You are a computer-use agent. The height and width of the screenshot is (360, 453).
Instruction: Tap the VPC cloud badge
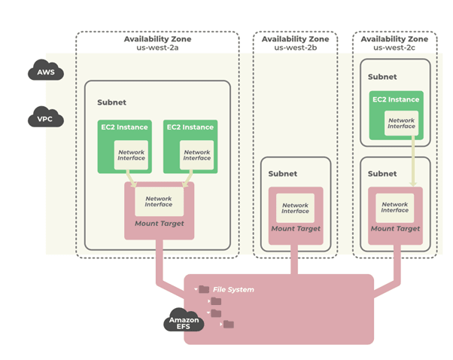(45, 119)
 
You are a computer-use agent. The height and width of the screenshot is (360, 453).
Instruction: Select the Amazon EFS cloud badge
(184, 322)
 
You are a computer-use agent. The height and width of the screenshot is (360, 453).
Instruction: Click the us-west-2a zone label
(157, 47)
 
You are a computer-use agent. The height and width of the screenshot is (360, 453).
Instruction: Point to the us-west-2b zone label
(294, 47)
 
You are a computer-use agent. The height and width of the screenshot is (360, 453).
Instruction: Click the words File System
(233, 289)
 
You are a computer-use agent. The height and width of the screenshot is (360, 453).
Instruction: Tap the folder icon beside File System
(204, 289)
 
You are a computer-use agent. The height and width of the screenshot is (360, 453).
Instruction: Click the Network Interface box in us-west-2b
(295, 208)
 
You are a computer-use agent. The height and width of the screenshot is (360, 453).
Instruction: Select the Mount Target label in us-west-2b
(295, 228)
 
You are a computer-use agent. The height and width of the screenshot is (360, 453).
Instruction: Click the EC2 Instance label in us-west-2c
(396, 99)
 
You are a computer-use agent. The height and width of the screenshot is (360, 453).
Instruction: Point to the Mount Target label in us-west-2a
(158, 224)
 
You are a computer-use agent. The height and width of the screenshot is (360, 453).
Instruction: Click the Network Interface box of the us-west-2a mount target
(158, 202)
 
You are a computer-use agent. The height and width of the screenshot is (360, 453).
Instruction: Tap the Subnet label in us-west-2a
(111, 102)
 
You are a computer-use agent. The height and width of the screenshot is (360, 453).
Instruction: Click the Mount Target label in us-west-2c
(395, 228)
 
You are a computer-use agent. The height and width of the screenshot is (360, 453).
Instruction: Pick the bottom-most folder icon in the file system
(229, 325)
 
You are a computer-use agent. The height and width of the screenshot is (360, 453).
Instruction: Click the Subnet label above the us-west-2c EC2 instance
(383, 76)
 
